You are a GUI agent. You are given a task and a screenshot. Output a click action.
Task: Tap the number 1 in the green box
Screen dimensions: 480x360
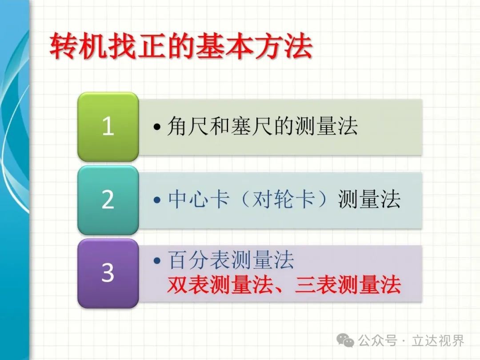point(108,126)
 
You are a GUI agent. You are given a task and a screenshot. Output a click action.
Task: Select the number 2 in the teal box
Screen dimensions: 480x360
point(108,200)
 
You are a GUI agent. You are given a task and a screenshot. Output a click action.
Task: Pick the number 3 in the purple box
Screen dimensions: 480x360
point(108,272)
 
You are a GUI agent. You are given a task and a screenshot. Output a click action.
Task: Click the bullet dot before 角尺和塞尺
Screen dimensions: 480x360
point(157,126)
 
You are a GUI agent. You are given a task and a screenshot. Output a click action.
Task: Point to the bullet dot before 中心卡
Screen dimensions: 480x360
point(157,200)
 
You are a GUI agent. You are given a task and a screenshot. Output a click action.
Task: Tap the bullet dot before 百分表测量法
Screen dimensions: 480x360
point(157,261)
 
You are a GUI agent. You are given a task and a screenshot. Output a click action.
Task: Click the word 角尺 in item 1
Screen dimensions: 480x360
point(188,126)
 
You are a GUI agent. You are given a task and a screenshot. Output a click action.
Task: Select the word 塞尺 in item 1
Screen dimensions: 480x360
point(251,126)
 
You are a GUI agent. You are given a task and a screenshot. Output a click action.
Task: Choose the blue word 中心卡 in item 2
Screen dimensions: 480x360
point(199,199)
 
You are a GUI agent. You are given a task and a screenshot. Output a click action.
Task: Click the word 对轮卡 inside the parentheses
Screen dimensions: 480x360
point(284,199)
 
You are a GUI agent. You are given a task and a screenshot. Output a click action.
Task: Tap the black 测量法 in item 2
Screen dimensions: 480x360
point(369,199)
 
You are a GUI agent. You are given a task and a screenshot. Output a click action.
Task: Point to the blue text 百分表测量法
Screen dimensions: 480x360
point(231,260)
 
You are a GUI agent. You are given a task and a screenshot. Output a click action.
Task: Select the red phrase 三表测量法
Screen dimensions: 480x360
point(348,285)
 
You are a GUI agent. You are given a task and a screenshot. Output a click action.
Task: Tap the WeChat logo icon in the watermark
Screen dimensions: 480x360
point(345,340)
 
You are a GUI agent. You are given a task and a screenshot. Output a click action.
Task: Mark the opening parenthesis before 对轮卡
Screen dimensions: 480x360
point(245,199)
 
